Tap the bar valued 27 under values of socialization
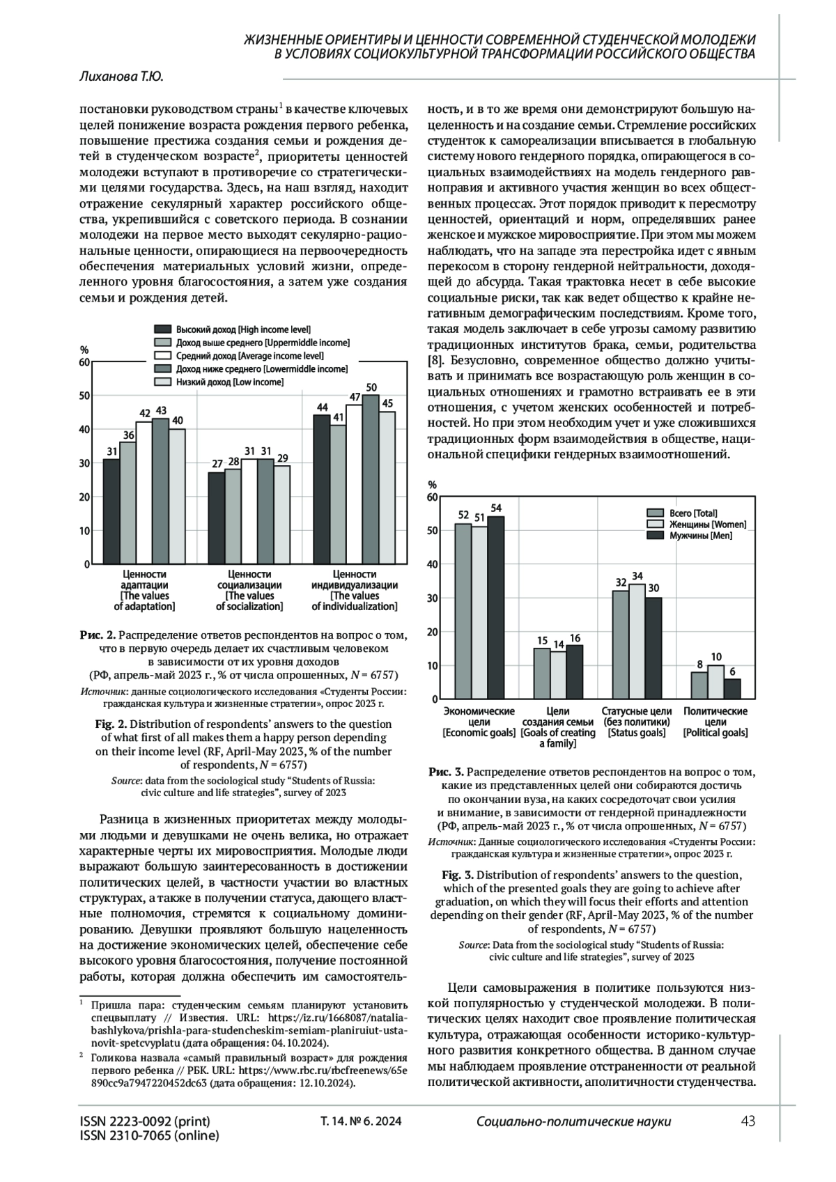tap(216, 518)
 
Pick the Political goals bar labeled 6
tap(733, 688)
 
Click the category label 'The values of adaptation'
tap(144, 590)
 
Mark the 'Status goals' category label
tap(637, 722)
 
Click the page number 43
tap(748, 1121)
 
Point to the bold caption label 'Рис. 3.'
tap(446, 772)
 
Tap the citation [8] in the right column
tap(434, 361)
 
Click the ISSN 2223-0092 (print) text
tap(145, 1121)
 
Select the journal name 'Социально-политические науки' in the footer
tap(573, 1121)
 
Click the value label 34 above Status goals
tap(637, 576)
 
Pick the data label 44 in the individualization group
tap(322, 407)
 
